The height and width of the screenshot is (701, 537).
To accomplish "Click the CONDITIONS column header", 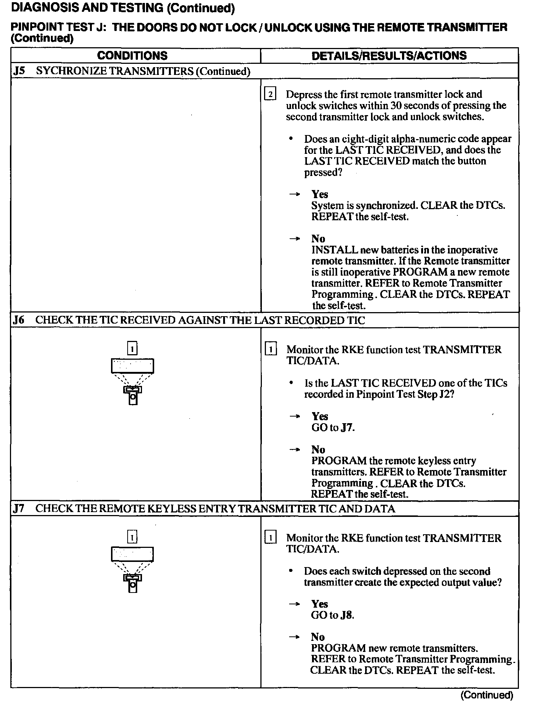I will click(x=132, y=56).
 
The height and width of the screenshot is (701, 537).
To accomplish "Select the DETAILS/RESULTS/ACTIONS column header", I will click(x=389, y=56).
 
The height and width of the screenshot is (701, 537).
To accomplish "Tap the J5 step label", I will click(x=19, y=71).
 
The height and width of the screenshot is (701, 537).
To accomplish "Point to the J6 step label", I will click(x=19, y=320).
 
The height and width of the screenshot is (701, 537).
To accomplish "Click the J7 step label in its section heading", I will click(x=19, y=509).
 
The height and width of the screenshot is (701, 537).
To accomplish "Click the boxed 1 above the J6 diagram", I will click(x=132, y=348).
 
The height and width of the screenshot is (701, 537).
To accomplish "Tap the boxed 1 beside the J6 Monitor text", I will click(x=271, y=349).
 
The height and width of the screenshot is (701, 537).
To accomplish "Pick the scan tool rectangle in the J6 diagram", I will click(x=132, y=366).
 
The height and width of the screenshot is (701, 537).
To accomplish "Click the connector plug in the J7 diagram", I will click(x=132, y=583).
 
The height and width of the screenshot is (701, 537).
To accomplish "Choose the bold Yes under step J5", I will click(x=320, y=194).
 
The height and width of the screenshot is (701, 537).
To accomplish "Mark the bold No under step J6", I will click(x=318, y=449).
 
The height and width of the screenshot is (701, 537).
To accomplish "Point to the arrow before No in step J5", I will click(x=294, y=239).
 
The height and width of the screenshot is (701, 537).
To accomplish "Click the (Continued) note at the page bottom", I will click(x=487, y=695).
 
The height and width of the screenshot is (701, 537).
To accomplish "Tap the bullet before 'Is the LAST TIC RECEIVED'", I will click(x=291, y=383).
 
